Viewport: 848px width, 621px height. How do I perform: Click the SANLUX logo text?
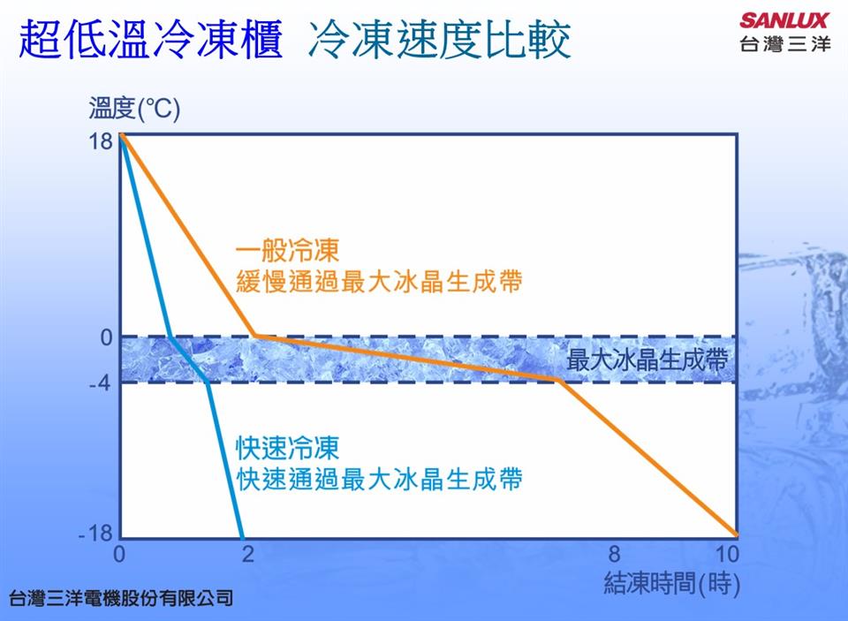784,20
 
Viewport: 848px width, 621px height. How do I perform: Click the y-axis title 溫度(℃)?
134,108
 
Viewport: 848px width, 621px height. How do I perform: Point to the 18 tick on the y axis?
101,141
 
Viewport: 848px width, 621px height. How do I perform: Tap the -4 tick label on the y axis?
100,383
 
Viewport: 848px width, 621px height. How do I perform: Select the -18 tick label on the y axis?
95,534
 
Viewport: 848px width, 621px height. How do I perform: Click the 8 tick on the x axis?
614,554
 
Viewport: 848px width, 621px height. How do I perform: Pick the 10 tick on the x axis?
727,554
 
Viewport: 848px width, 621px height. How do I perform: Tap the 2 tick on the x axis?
247,554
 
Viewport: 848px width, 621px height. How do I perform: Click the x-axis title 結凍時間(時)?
671,584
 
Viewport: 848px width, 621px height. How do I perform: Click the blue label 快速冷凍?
288,448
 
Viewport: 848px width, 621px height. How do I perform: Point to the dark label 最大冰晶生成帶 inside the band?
647,360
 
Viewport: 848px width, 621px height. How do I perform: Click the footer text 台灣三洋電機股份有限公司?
121,598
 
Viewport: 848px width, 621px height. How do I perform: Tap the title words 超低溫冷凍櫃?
151,39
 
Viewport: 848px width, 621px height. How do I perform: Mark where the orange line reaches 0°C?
255,336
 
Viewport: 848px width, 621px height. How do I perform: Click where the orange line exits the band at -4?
559,381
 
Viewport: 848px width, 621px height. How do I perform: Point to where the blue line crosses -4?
208,382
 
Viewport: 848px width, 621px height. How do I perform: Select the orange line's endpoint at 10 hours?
736,535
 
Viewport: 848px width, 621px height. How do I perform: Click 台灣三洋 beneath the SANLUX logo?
784,43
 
